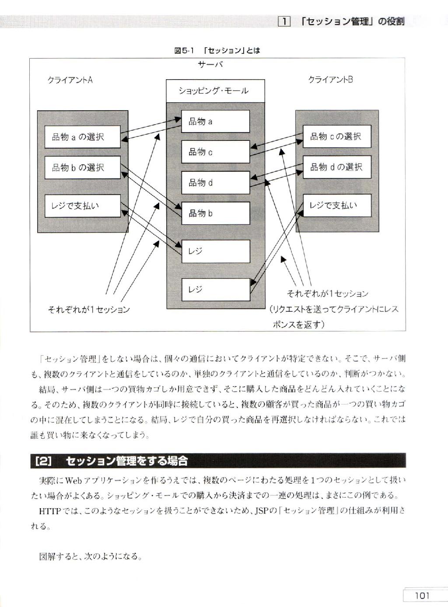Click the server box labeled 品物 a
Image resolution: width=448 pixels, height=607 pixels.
(216, 121)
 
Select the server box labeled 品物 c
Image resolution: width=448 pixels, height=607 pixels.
(216, 152)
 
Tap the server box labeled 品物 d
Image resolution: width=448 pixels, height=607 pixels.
(216, 182)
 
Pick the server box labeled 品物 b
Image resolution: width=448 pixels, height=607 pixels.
(216, 213)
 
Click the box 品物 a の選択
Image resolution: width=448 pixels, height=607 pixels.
(82, 137)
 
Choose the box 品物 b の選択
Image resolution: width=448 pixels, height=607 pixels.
(82, 167)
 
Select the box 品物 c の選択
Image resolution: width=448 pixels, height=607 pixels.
(337, 136)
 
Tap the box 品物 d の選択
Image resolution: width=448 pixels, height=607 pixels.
(337, 167)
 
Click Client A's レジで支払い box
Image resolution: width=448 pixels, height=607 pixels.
(82, 206)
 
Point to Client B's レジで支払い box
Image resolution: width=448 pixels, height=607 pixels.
(337, 206)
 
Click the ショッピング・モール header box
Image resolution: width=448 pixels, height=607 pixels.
(216, 91)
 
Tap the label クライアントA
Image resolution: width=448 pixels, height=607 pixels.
(70, 80)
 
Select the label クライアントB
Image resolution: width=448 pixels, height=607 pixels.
(330, 80)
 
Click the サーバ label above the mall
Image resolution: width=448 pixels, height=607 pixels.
(210, 65)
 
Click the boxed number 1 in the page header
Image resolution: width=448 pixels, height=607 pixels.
(284, 21)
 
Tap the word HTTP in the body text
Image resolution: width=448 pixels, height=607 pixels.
(50, 511)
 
